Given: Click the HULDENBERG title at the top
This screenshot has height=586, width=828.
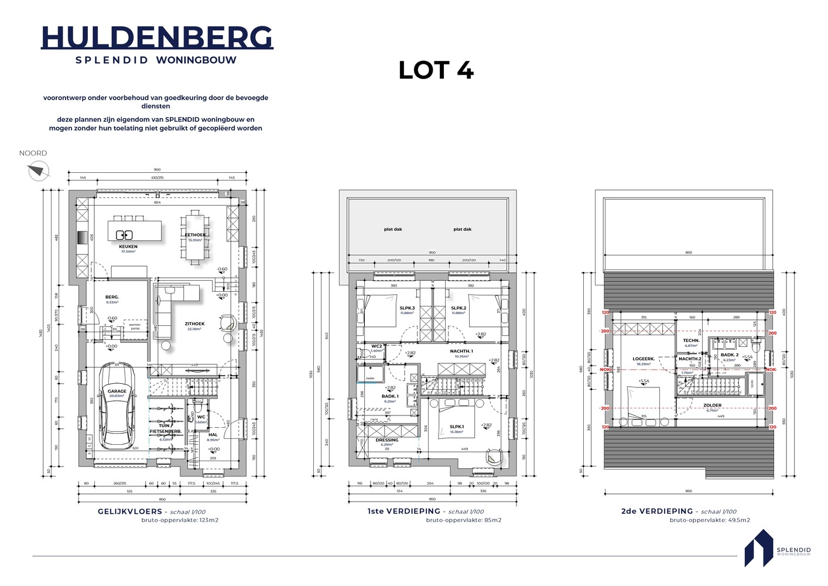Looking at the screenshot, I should click(x=157, y=38).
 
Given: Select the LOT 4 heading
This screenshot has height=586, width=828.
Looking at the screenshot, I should click(x=436, y=70).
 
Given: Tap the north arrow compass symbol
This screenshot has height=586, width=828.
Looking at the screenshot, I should click(x=35, y=171).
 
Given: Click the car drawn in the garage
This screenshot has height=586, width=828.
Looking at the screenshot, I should click(x=117, y=413).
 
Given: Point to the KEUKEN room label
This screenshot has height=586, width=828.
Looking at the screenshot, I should click(x=128, y=247).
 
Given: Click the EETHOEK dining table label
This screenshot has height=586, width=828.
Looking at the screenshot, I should click(x=195, y=235).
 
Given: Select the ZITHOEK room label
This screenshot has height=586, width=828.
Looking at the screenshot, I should click(x=194, y=323).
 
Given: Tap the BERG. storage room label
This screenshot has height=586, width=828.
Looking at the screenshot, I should click(x=112, y=297).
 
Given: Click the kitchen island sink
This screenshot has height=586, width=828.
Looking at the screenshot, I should click(x=124, y=235).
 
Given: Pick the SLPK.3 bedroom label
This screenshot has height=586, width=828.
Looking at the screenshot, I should click(x=407, y=308).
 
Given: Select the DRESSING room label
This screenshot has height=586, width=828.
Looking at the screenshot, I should click(x=387, y=440).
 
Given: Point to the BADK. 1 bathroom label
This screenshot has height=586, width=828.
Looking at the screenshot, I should click(x=389, y=396).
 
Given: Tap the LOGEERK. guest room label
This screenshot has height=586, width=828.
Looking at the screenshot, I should click(x=644, y=359).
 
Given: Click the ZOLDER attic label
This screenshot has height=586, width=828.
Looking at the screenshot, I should click(x=712, y=405).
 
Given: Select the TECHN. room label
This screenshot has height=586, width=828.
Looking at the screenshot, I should click(x=691, y=340).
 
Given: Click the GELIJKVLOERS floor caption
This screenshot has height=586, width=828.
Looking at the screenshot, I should click(x=130, y=512).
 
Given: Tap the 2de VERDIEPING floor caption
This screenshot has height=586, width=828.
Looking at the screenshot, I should click(x=657, y=512).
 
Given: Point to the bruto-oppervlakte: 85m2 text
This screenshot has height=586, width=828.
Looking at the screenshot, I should click(x=464, y=520).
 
